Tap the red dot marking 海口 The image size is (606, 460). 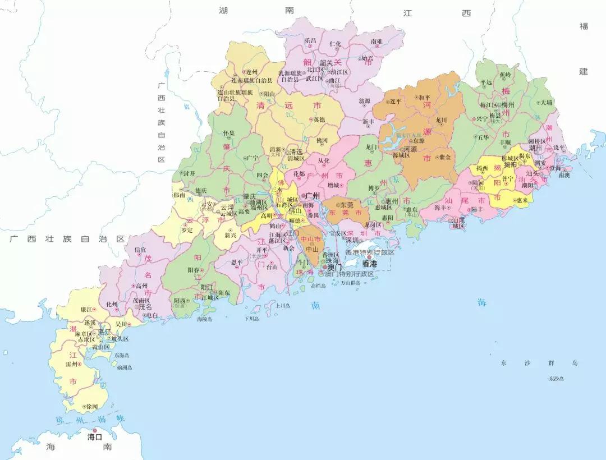(95, 430)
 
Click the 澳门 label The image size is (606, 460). (334, 268)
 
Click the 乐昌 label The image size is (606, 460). (310, 41)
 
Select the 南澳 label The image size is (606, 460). (563, 175)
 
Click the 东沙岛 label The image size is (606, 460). (557, 379)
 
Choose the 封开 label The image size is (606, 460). (190, 173)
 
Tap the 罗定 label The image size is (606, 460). (187, 229)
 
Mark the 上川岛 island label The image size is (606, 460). (282, 306)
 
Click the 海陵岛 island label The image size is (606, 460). (204, 319)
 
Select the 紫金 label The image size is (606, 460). (444, 157)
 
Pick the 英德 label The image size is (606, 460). (318, 119)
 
